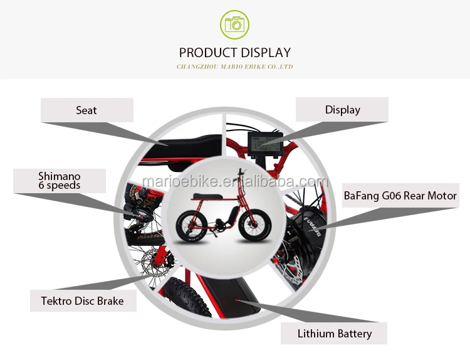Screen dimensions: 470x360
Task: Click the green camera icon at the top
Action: [235, 24]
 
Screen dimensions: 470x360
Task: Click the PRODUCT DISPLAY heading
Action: [235, 53]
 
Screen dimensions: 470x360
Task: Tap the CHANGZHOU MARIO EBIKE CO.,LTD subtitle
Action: [235, 66]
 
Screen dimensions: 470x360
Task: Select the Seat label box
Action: [87, 110]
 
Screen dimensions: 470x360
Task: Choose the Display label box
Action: [342, 110]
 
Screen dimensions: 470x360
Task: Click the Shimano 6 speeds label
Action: [60, 181]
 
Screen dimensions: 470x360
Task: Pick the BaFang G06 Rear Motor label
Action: [400, 196]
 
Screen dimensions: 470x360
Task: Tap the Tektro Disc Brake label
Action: [82, 301]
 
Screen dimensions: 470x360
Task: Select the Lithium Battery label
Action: [334, 334]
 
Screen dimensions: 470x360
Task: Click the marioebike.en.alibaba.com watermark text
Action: [235, 183]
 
